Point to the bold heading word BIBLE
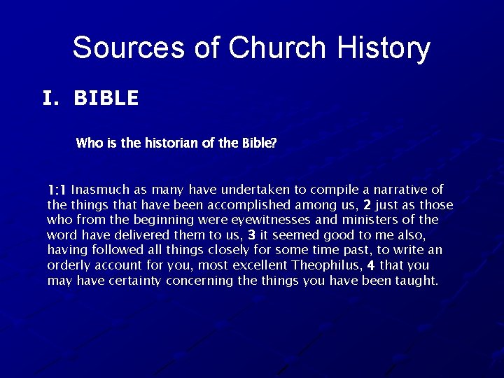[x=106, y=99]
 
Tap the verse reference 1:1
[x=57, y=190]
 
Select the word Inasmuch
[x=99, y=190]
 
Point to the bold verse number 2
[x=367, y=205]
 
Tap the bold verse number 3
[x=252, y=235]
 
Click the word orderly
[x=68, y=265]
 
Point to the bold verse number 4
[x=371, y=265]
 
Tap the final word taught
[x=418, y=281]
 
